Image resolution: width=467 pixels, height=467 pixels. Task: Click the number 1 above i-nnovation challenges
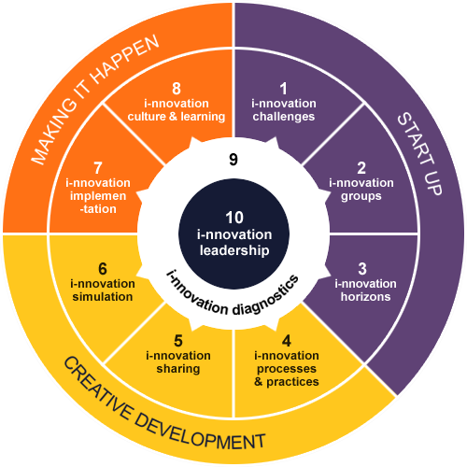(x=284, y=89)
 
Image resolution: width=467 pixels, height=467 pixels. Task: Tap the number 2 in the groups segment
(x=361, y=168)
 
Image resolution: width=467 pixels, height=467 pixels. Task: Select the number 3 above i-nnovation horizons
(x=362, y=269)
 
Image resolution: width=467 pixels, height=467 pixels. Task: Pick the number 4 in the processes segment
(x=287, y=341)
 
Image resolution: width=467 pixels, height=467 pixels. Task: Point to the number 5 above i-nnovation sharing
(x=178, y=341)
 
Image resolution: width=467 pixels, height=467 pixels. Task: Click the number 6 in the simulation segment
(x=103, y=269)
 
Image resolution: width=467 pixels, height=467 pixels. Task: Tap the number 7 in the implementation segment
(x=98, y=168)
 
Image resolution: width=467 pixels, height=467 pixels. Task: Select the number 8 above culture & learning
(x=177, y=89)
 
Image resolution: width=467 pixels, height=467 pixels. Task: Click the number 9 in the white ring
(x=233, y=160)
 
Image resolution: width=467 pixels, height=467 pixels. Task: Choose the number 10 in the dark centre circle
(x=234, y=218)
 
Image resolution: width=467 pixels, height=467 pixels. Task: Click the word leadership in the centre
(x=234, y=250)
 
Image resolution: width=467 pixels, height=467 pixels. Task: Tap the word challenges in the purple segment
(x=284, y=117)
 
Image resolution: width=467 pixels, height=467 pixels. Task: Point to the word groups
(x=361, y=197)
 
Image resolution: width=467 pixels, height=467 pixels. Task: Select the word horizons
(x=365, y=297)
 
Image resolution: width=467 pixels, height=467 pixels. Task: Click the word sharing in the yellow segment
(x=178, y=369)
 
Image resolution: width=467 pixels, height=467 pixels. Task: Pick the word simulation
(x=103, y=297)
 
